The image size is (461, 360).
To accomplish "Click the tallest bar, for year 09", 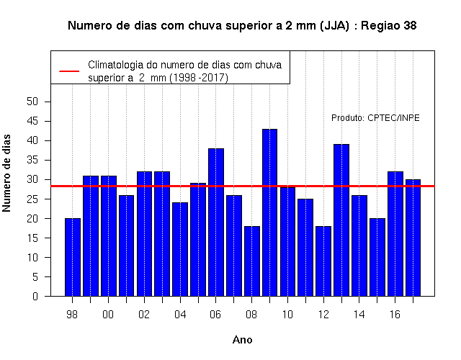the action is [x=269, y=212].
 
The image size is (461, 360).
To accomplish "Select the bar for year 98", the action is [x=72, y=257].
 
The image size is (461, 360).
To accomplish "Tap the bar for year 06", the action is [x=216, y=222].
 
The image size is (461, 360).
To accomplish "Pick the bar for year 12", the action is [x=323, y=261].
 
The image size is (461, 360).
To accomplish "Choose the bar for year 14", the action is [x=359, y=246].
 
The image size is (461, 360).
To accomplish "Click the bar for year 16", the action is [x=395, y=234].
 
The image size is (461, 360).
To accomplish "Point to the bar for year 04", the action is [x=180, y=249].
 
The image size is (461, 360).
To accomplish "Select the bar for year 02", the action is [x=144, y=234].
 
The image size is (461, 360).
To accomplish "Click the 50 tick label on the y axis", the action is [x=32, y=102].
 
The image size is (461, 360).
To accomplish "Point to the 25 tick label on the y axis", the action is [x=32, y=199].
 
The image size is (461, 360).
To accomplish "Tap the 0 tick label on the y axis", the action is [x=35, y=296].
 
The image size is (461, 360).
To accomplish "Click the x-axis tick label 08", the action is [x=251, y=315].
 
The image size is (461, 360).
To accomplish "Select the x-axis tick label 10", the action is [x=287, y=315].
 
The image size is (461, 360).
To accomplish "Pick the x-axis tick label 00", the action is [x=108, y=315].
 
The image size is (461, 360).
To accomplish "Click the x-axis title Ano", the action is [x=242, y=340].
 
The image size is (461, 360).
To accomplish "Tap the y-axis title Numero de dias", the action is [x=6, y=174].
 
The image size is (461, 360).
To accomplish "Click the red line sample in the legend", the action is [x=69, y=71].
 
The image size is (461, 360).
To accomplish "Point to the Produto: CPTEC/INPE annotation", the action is [x=375, y=118].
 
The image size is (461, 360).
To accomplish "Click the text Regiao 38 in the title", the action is [x=389, y=26].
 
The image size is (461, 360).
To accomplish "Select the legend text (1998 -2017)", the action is [x=199, y=78].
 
